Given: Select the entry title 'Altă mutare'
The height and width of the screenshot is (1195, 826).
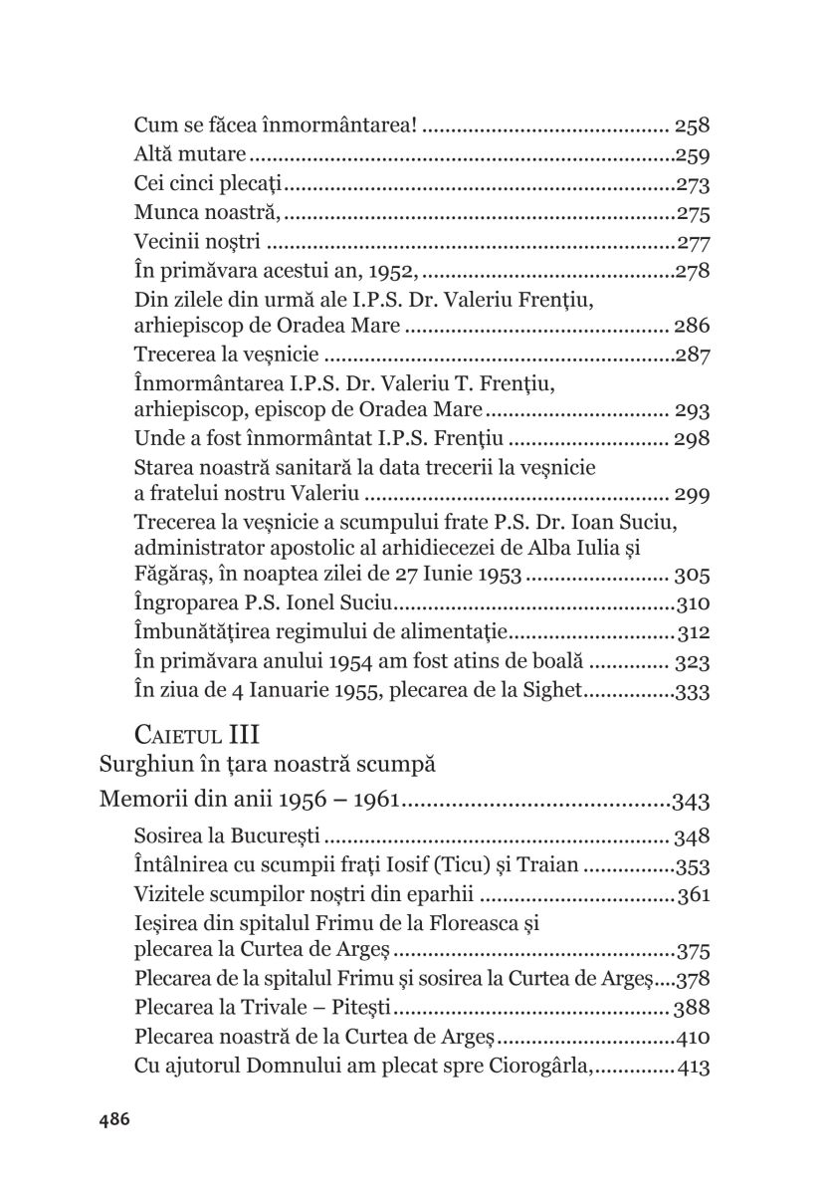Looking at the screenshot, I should point(190,155).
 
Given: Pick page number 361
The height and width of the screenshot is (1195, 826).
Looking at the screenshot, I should point(693,893).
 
